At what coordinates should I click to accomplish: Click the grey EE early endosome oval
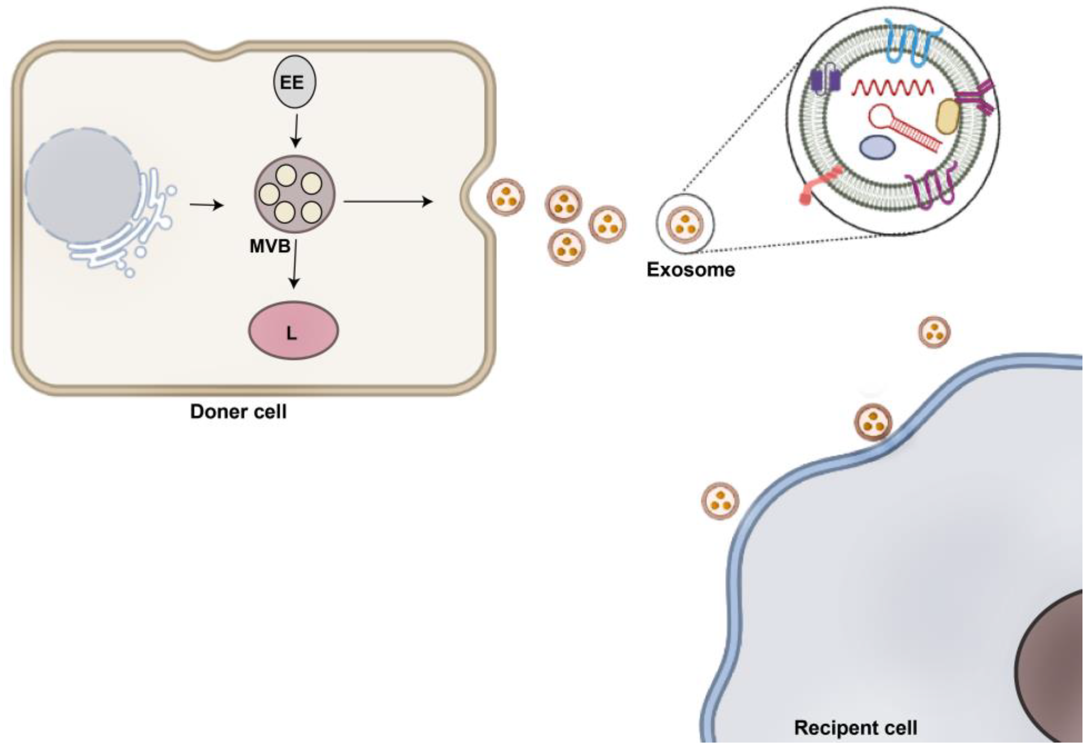click(295, 82)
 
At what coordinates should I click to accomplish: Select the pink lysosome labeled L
click(293, 330)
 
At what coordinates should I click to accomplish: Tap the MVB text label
click(270, 246)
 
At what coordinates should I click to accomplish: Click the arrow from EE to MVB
click(296, 130)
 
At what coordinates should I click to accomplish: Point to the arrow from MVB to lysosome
click(294, 264)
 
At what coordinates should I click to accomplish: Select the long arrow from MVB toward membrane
click(388, 202)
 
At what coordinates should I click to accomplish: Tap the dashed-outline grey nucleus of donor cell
click(83, 186)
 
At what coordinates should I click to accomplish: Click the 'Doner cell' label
click(238, 412)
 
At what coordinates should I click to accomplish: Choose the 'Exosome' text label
click(691, 270)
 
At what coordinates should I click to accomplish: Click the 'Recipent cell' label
click(855, 727)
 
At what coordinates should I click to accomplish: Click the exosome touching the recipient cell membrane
click(873, 422)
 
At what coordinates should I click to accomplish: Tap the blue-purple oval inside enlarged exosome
click(877, 148)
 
